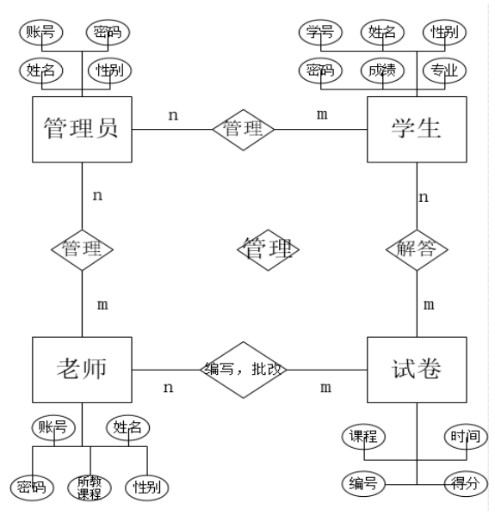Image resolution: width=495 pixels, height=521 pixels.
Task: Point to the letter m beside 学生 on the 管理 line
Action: [x=322, y=114]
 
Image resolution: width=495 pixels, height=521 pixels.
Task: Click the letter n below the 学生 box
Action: [x=424, y=198]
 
